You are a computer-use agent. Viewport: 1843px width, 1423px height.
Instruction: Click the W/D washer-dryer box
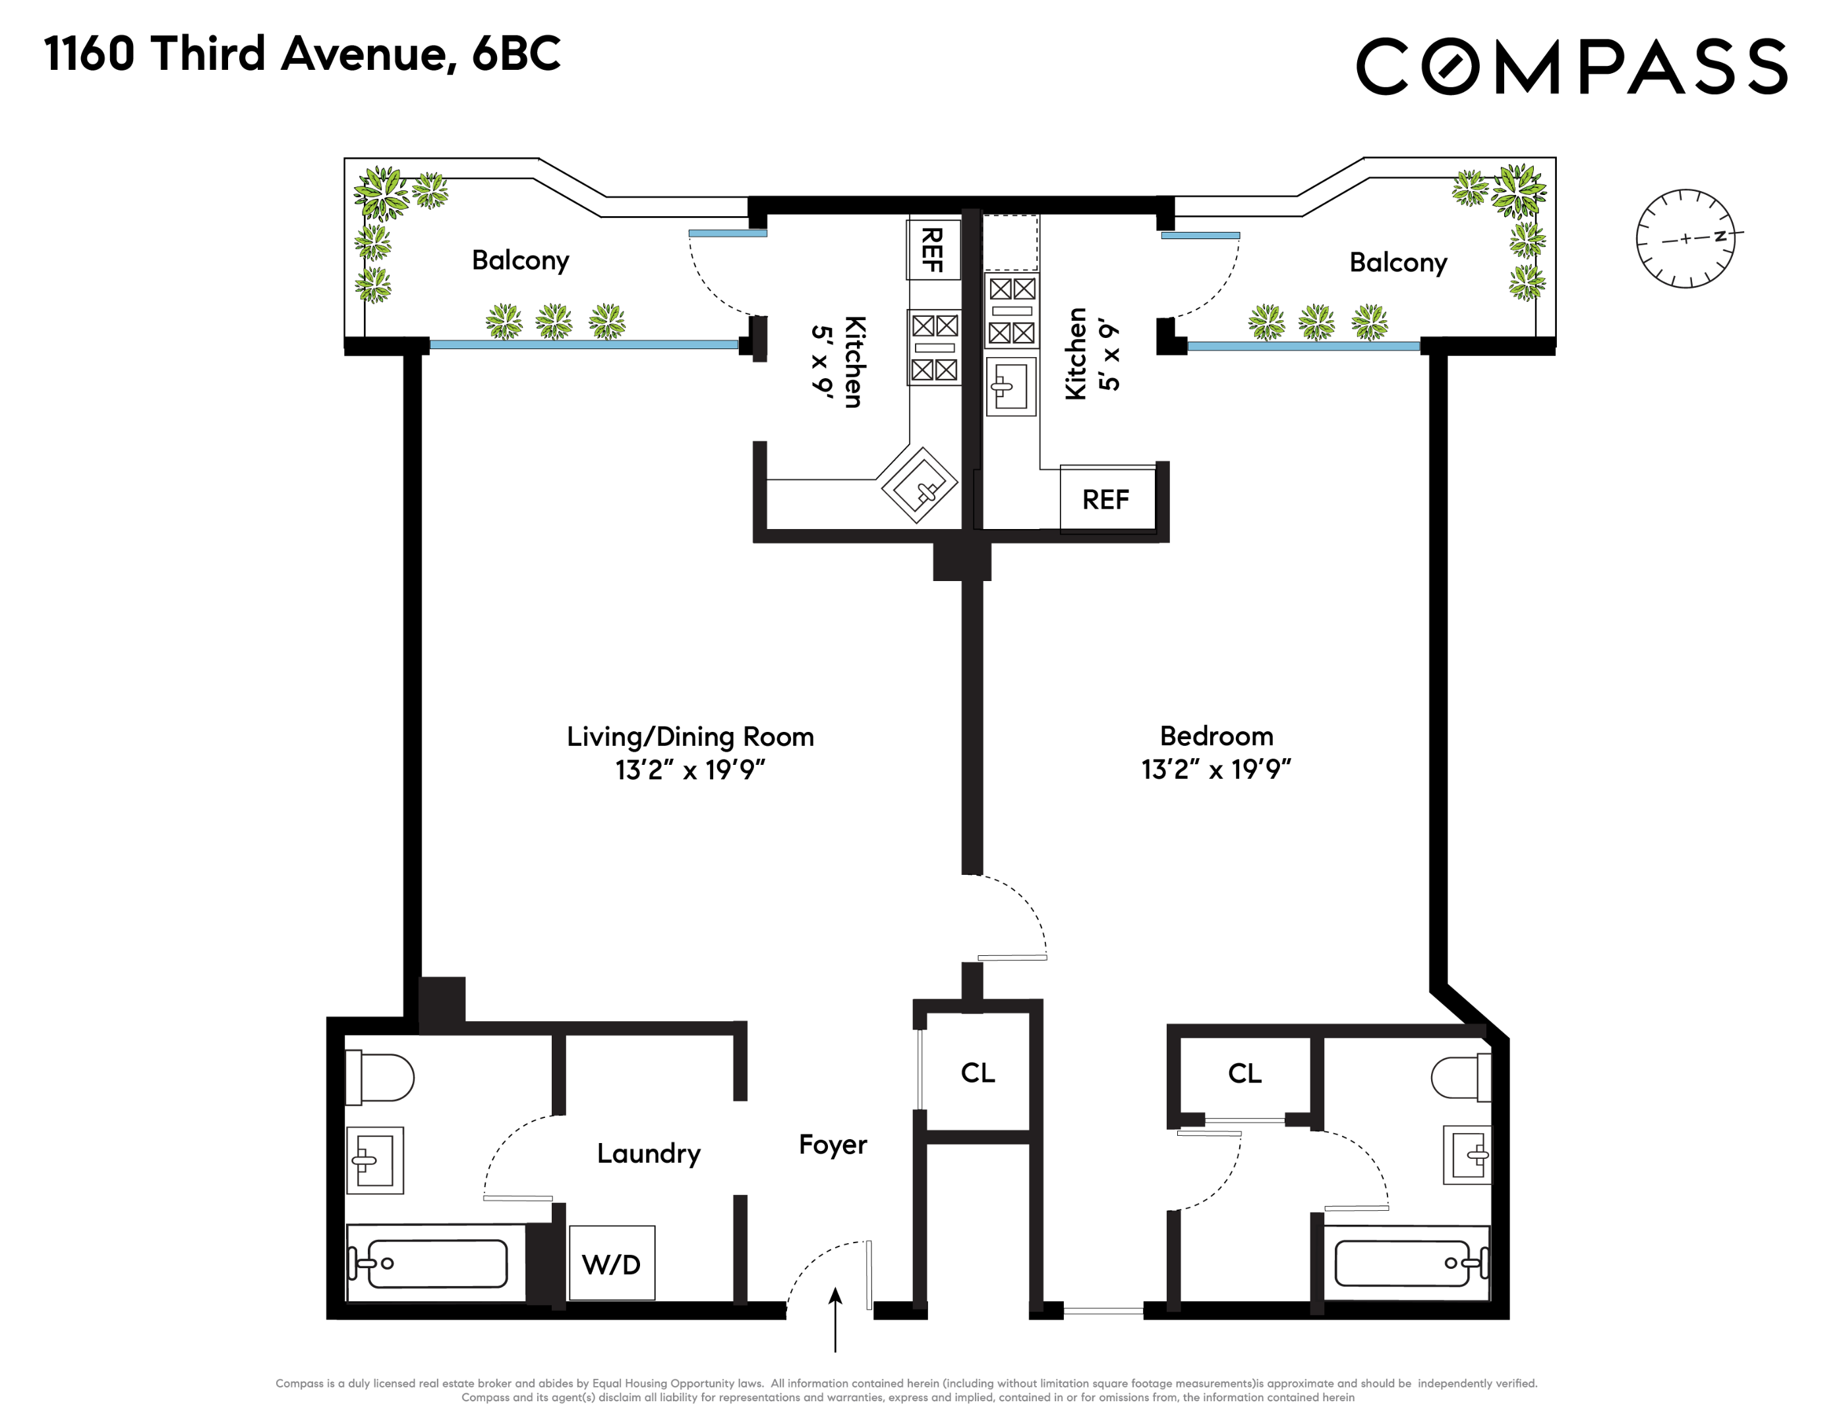click(612, 1263)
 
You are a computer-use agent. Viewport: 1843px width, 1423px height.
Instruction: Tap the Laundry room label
click(648, 1153)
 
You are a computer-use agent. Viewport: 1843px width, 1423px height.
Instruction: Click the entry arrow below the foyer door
click(834, 1320)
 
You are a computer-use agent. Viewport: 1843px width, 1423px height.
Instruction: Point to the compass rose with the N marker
click(1685, 238)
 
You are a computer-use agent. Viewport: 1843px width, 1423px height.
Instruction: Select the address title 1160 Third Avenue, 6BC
click(302, 54)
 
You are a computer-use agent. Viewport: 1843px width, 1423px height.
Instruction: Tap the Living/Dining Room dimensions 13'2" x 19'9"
click(689, 770)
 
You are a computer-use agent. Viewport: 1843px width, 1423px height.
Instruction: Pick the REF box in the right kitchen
click(1106, 499)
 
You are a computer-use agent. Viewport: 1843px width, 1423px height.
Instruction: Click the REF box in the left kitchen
click(933, 250)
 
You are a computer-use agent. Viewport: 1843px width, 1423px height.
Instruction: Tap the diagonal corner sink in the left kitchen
click(920, 486)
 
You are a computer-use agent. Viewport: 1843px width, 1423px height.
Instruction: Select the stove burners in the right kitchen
click(1012, 311)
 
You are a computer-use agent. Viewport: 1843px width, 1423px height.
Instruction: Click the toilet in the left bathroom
click(379, 1077)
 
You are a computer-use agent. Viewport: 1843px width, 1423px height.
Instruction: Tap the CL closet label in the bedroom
click(1244, 1074)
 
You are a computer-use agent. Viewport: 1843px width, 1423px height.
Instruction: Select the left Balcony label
click(520, 260)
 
